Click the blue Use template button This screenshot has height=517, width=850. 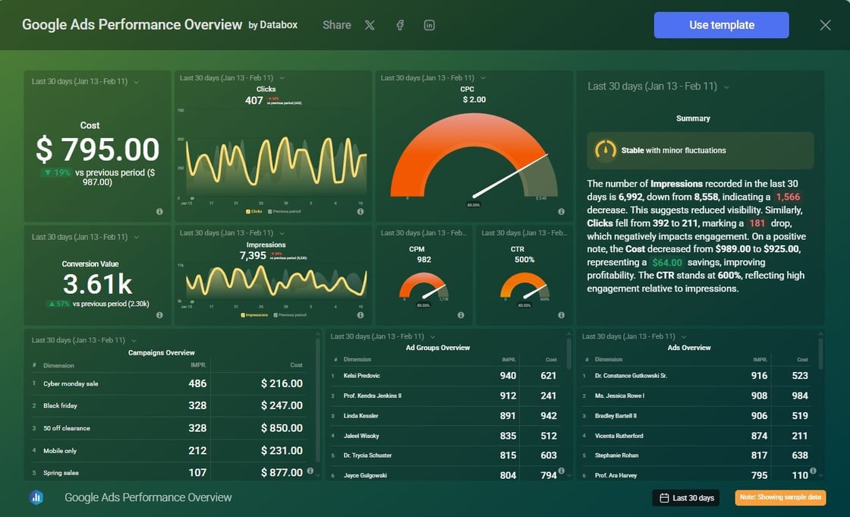[x=721, y=25]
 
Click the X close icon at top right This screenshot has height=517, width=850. [x=826, y=25]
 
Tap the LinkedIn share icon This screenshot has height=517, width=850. [x=430, y=25]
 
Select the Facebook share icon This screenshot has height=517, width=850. [x=400, y=25]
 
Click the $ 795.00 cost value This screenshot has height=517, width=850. [x=97, y=150]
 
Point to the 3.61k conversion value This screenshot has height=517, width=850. [x=97, y=284]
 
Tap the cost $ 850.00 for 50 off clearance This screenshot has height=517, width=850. [x=282, y=428]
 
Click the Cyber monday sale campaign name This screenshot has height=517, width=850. [x=71, y=384]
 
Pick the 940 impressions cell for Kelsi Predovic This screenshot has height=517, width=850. [x=508, y=376]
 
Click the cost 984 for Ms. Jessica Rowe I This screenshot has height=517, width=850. [x=799, y=396]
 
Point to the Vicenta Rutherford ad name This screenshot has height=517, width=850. [x=619, y=436]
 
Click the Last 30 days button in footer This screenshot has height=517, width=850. [x=687, y=498]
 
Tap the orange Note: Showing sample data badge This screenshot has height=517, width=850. [x=780, y=498]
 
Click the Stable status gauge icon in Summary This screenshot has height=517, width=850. [x=605, y=150]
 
